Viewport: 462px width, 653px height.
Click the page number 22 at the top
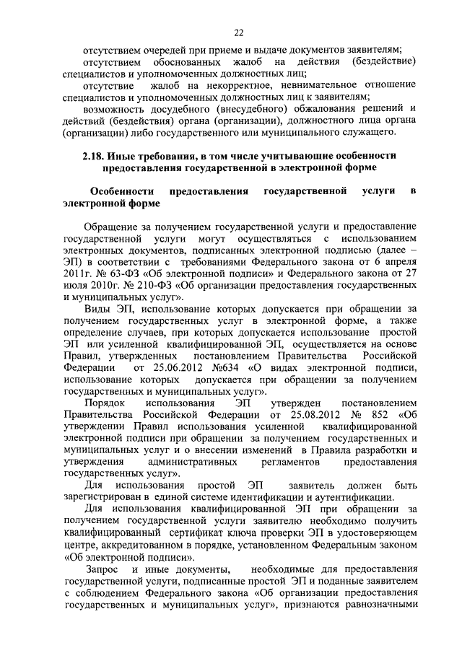(239, 32)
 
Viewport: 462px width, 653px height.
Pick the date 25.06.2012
(168, 369)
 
